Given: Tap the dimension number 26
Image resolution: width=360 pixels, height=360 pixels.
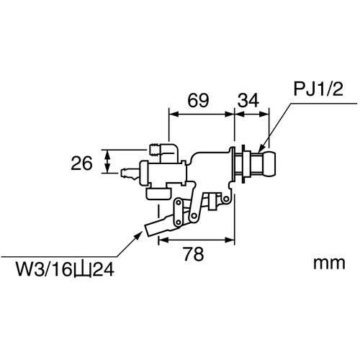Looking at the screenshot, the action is coord(81,163).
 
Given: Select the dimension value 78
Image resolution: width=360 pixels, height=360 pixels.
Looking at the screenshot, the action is coord(194,254).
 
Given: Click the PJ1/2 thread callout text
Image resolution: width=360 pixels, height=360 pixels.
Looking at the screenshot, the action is coord(318,89).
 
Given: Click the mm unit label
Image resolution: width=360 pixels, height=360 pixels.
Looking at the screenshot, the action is coord(329,264).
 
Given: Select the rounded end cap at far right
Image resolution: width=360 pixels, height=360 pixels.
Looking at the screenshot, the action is coord(269,163).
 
